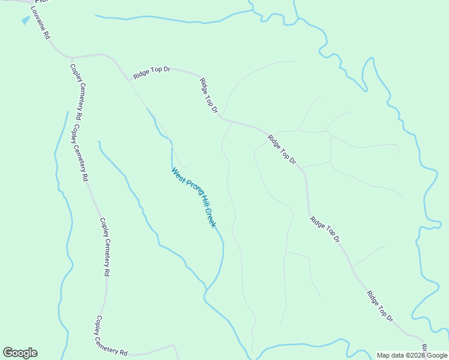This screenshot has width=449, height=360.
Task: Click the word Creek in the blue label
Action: point(211,217)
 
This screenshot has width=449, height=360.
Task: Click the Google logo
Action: point(20,353)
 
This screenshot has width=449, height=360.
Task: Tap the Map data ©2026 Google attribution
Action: point(412,355)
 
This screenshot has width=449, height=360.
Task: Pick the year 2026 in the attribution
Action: point(419,355)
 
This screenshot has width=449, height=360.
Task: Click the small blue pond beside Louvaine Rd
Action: point(25,20)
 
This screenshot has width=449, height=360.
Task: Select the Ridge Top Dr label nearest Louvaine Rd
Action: point(152,73)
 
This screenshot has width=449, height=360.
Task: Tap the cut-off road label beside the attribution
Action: point(424,348)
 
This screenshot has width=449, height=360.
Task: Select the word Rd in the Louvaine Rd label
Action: point(46,35)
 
